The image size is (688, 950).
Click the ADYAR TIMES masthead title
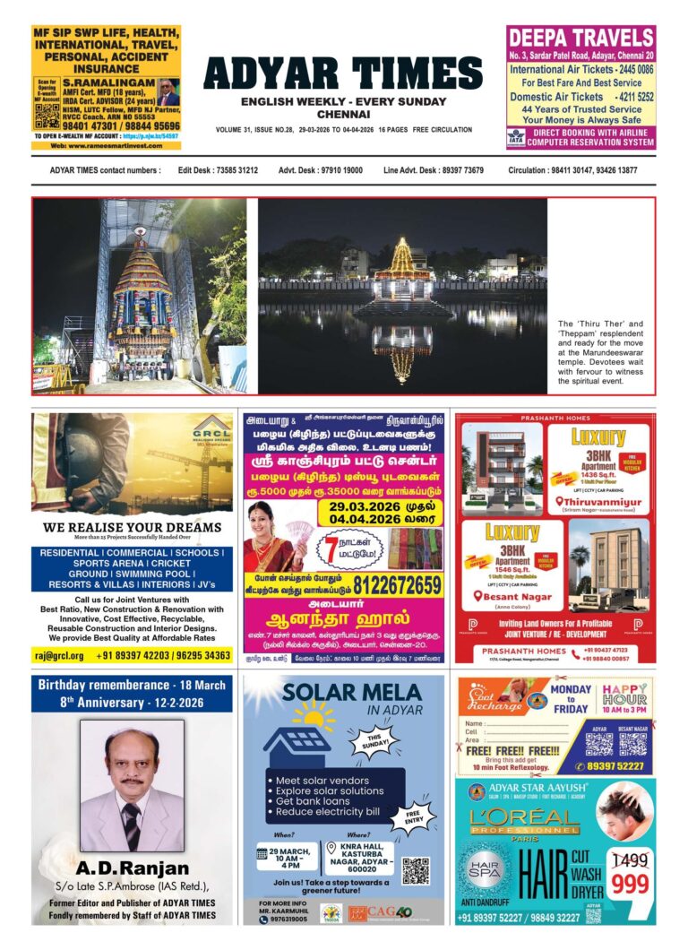click(x=343, y=73)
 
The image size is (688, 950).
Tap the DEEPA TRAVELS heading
click(x=580, y=38)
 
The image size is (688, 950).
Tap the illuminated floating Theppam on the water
click(x=400, y=278)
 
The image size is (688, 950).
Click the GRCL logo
click(x=211, y=426)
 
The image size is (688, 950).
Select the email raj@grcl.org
click(x=60, y=655)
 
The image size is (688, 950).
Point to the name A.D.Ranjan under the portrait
click(x=132, y=868)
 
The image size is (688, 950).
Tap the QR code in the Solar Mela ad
click(x=415, y=870)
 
